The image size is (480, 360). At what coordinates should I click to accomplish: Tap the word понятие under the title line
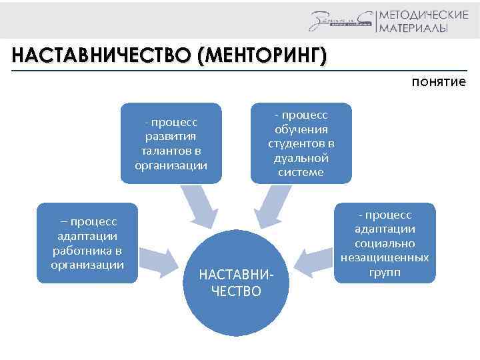[438, 82]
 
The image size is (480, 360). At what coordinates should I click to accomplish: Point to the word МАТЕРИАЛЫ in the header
[413, 28]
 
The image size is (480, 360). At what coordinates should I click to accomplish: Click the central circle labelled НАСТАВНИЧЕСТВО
[236, 280]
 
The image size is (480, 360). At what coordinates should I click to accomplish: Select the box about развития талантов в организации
[171, 143]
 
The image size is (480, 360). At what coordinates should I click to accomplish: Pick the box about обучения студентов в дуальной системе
[301, 143]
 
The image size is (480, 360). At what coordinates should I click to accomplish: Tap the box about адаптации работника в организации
[87, 243]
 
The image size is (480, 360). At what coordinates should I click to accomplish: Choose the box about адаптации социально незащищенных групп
[384, 243]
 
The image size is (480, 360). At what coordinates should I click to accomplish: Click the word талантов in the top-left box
[171, 151]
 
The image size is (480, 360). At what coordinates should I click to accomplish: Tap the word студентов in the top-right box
[301, 143]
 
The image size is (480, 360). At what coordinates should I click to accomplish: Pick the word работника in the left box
[87, 251]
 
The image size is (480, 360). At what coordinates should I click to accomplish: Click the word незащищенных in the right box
[384, 258]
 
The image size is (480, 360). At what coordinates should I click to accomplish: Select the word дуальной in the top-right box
[301, 158]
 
